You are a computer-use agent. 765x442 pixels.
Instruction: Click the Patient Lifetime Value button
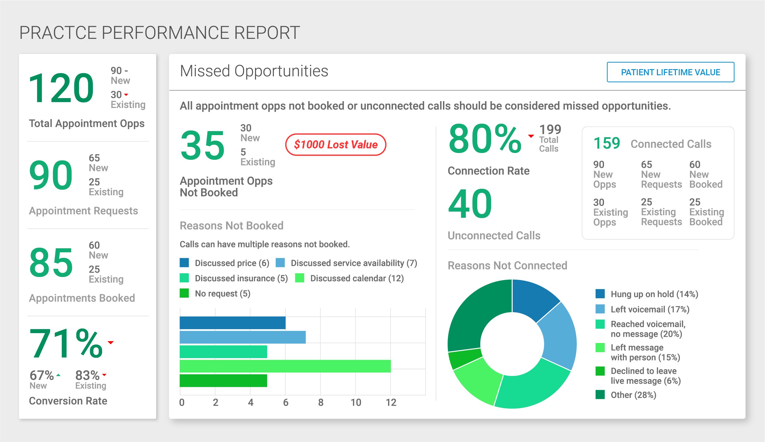click(x=670, y=72)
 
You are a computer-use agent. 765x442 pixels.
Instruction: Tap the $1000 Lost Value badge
click(x=336, y=144)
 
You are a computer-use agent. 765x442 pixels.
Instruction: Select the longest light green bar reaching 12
click(x=285, y=366)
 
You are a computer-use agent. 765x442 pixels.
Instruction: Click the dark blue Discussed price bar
click(x=232, y=323)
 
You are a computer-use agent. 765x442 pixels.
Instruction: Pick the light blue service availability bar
click(x=242, y=337)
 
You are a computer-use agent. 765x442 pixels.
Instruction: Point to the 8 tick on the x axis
click(x=321, y=402)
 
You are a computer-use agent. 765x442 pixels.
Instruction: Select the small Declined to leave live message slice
click(x=464, y=359)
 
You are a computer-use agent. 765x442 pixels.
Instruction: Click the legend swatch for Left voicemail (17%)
click(x=600, y=309)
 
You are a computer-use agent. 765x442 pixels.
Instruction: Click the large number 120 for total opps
click(x=61, y=88)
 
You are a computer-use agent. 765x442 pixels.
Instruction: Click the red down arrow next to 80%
click(x=531, y=136)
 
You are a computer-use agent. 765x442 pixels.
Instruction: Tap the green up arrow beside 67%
click(x=58, y=375)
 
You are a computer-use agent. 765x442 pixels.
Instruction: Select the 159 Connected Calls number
click(x=607, y=143)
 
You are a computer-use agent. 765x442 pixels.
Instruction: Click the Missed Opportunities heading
click(x=254, y=71)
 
